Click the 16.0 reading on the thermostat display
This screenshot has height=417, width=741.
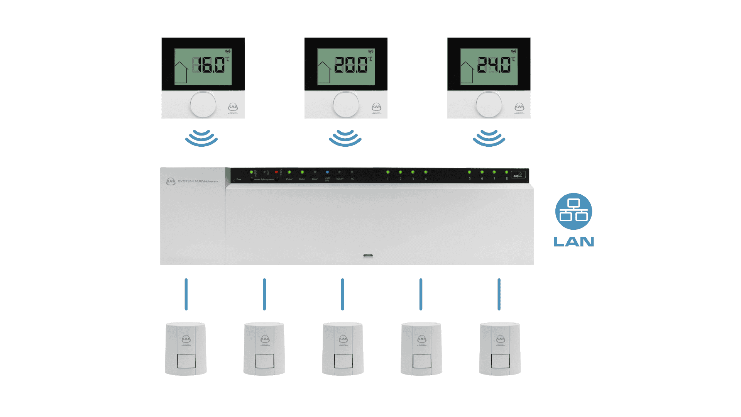(209, 65)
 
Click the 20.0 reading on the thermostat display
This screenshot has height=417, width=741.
(351, 65)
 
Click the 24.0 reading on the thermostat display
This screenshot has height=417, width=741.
(494, 65)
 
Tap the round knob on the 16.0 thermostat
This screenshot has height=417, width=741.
(203, 105)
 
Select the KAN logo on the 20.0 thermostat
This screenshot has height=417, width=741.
(376, 107)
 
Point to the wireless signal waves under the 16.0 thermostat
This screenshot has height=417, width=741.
(201, 138)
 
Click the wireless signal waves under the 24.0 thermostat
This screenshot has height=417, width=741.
(489, 138)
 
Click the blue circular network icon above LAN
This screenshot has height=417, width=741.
(574, 211)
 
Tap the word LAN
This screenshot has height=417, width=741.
(574, 242)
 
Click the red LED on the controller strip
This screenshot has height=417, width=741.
(276, 172)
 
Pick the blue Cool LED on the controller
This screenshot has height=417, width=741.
(327, 172)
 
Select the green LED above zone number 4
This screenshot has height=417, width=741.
(426, 172)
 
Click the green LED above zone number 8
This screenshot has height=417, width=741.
(506, 172)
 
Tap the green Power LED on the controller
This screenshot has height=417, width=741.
(289, 172)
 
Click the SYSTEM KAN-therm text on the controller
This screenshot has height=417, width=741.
(198, 181)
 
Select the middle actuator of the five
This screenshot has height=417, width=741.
(343, 349)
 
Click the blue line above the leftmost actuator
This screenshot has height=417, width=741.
(186, 294)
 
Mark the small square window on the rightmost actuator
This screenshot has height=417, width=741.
(500, 361)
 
